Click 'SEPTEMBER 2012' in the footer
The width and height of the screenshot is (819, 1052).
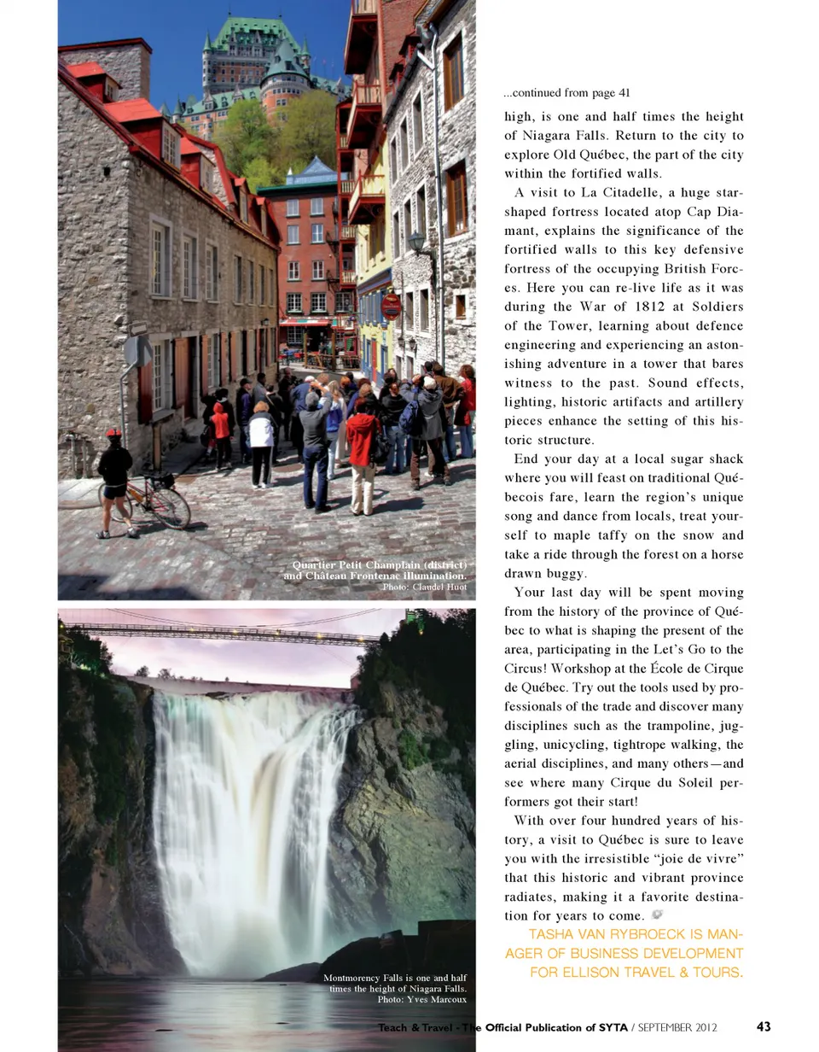[x=677, y=1026]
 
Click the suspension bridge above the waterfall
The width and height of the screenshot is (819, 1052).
[x=222, y=632]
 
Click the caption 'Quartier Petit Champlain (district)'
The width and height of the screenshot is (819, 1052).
[x=379, y=565]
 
